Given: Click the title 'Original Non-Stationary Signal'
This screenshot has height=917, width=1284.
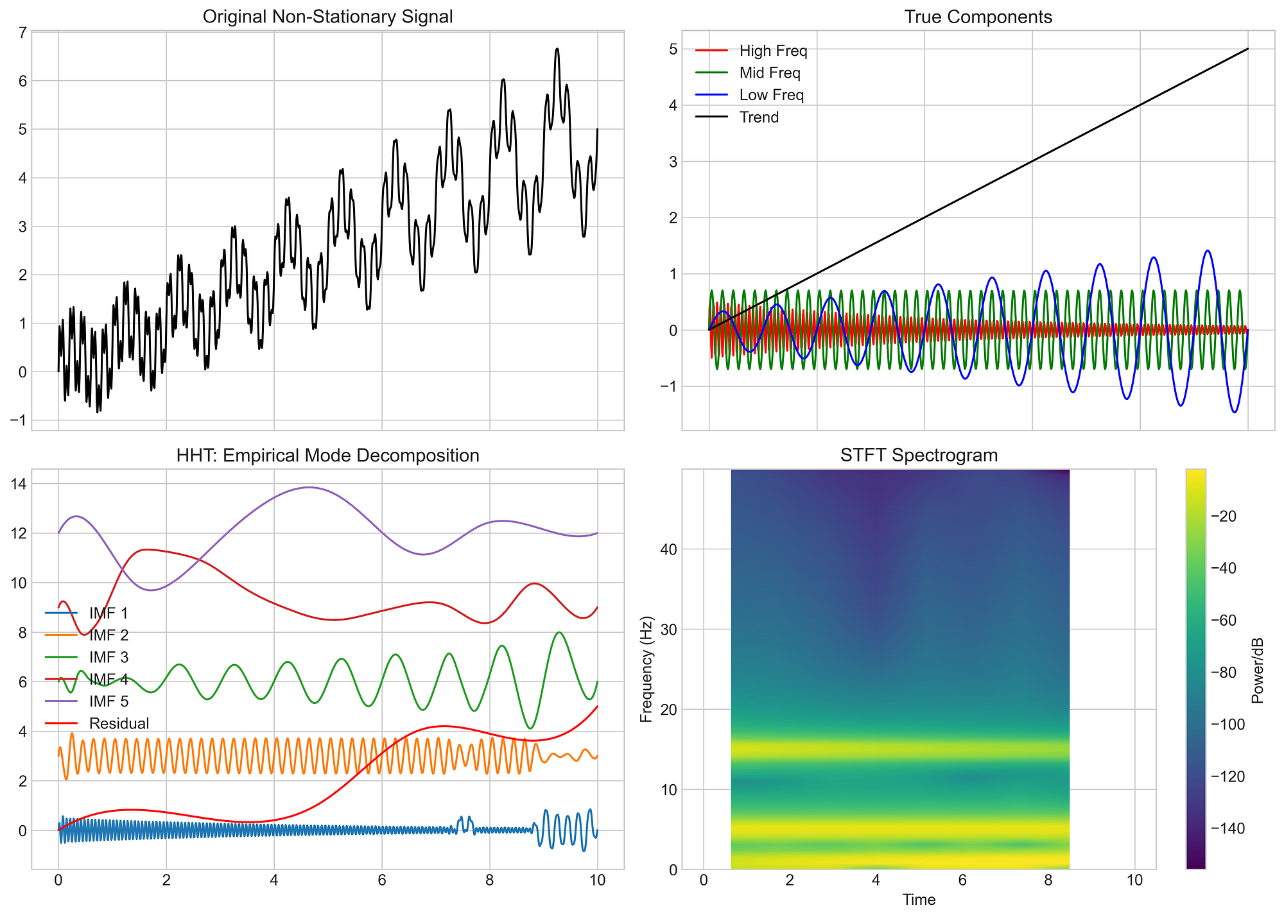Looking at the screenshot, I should tap(327, 17).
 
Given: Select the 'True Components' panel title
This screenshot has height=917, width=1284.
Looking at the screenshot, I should tap(978, 17).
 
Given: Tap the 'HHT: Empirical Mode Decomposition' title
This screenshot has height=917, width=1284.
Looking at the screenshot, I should tap(327, 456).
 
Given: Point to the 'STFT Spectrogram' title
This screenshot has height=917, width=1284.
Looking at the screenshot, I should tap(919, 456).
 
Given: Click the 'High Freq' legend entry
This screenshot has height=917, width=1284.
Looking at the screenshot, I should tap(773, 51).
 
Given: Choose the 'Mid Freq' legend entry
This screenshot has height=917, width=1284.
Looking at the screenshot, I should tap(770, 73).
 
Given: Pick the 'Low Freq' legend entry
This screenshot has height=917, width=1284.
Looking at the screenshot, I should tap(772, 95).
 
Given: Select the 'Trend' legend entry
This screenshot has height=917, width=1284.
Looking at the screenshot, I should tap(759, 117).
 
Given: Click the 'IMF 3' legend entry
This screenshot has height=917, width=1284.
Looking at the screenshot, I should tap(109, 657).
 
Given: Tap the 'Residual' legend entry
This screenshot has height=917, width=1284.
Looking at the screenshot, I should tap(119, 724).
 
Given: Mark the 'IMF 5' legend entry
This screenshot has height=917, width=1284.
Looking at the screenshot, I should tap(109, 701).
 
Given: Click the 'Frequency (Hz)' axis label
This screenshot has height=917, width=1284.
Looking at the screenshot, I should tap(647, 669).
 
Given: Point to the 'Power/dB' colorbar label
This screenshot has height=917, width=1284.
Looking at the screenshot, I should tap(1257, 669).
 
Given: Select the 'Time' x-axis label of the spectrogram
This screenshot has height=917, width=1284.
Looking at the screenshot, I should tap(919, 900).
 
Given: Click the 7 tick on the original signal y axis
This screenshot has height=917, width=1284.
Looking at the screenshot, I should tap(19, 32).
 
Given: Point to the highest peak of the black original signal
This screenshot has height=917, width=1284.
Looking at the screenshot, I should tap(557, 49).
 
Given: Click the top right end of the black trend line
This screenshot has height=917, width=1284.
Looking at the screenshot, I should tap(1247, 49).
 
